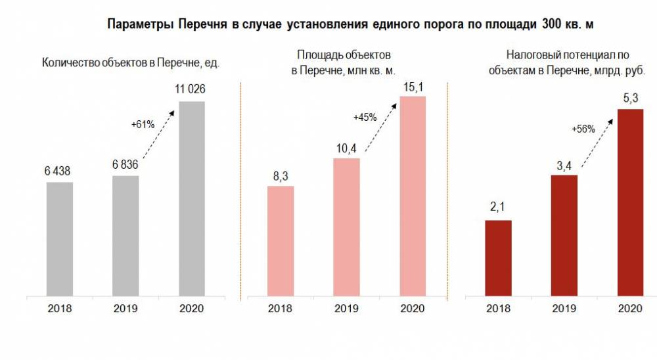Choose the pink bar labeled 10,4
point(346,227)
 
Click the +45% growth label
point(365,118)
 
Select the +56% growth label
point(583,129)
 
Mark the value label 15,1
point(413,85)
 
